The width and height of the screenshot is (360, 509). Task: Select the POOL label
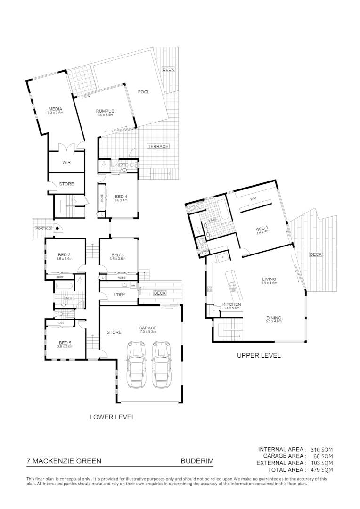[x=144, y=92]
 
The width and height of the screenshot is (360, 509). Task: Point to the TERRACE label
[x=158, y=146]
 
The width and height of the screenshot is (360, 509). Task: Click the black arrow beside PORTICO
[x=57, y=229]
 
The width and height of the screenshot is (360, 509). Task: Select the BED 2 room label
[x=65, y=256]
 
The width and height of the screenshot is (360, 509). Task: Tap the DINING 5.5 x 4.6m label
[x=274, y=319]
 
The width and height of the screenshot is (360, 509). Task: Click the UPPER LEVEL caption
[x=259, y=355]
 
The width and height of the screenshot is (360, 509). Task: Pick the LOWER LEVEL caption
[x=112, y=417]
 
